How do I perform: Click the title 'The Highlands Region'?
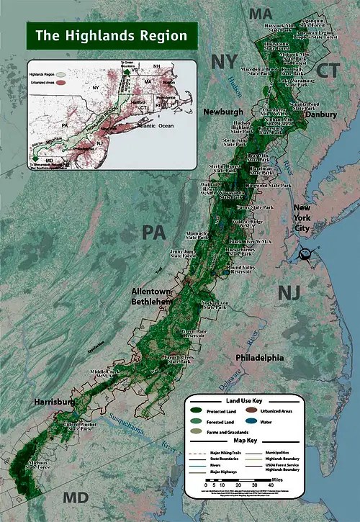(107, 35)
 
